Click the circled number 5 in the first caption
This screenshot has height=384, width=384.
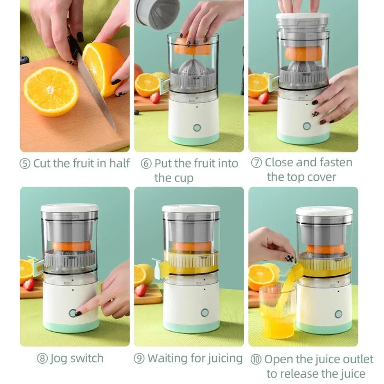coord(25,164)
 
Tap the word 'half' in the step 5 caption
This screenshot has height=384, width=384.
coord(119,163)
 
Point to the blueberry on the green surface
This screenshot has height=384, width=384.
coord(24,60)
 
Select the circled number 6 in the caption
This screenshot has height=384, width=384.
coord(146,164)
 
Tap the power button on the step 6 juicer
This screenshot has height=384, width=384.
coord(196,128)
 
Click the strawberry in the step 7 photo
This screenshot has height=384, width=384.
coord(264,98)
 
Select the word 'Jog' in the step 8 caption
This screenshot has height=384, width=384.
coord(58,358)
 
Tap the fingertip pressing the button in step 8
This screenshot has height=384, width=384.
coord(79,312)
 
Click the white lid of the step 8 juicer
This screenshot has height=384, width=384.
coord(70,208)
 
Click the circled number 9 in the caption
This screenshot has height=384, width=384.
coord(139,358)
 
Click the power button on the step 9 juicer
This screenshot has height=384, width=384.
coord(205,312)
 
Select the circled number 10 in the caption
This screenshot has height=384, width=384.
coord(256,359)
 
